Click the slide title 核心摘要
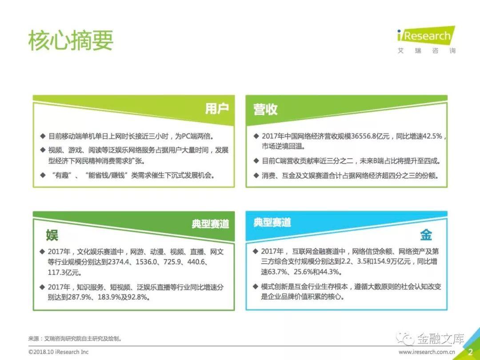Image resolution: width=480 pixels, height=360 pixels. [x=71, y=40]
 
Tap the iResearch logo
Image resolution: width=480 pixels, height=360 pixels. [x=426, y=40]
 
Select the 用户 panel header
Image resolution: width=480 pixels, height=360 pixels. [x=217, y=109]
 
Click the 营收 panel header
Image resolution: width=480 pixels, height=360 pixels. [x=265, y=109]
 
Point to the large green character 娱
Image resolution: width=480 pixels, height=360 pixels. [x=52, y=235]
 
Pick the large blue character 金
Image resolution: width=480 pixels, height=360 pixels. [x=426, y=235]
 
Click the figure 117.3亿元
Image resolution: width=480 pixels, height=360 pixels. [x=64, y=272]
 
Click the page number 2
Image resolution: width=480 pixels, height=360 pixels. [x=470, y=352]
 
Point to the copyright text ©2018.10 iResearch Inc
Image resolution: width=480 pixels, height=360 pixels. [x=59, y=352]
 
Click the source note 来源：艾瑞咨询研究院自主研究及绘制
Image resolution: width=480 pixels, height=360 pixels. [x=75, y=339]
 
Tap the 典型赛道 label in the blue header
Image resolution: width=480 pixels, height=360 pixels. [x=272, y=222]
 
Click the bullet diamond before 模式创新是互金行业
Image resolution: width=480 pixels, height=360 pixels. [x=255, y=287]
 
